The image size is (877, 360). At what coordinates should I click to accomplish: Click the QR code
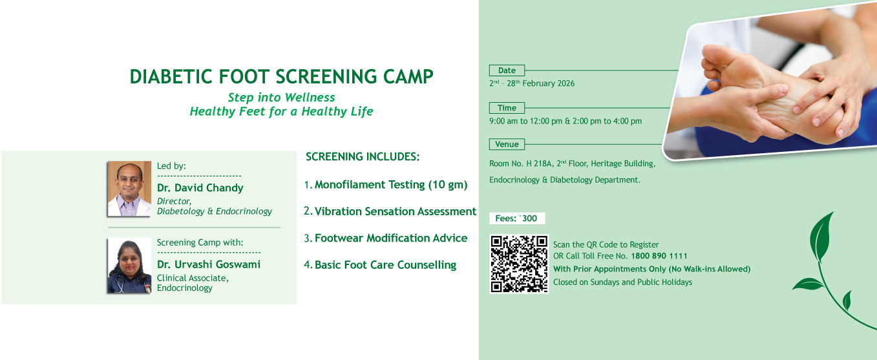(x=519, y=264)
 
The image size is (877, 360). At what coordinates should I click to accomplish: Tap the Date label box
(x=507, y=70)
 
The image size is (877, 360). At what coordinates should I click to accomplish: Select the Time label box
(x=507, y=108)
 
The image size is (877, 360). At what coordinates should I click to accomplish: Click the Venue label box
(x=507, y=144)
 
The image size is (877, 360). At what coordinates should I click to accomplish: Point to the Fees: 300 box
(x=517, y=218)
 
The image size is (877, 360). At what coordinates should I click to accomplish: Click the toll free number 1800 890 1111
(x=659, y=256)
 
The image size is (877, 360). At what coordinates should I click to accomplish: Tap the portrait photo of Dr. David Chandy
(x=129, y=189)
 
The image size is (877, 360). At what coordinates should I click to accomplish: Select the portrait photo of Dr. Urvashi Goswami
(x=129, y=266)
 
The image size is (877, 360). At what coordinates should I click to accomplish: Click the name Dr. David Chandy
(x=200, y=187)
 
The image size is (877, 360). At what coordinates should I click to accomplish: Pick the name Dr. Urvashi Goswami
(x=209, y=264)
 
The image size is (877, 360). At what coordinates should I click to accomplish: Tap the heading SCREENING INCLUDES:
(x=363, y=156)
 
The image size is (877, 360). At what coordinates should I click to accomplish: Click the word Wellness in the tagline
(x=310, y=97)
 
